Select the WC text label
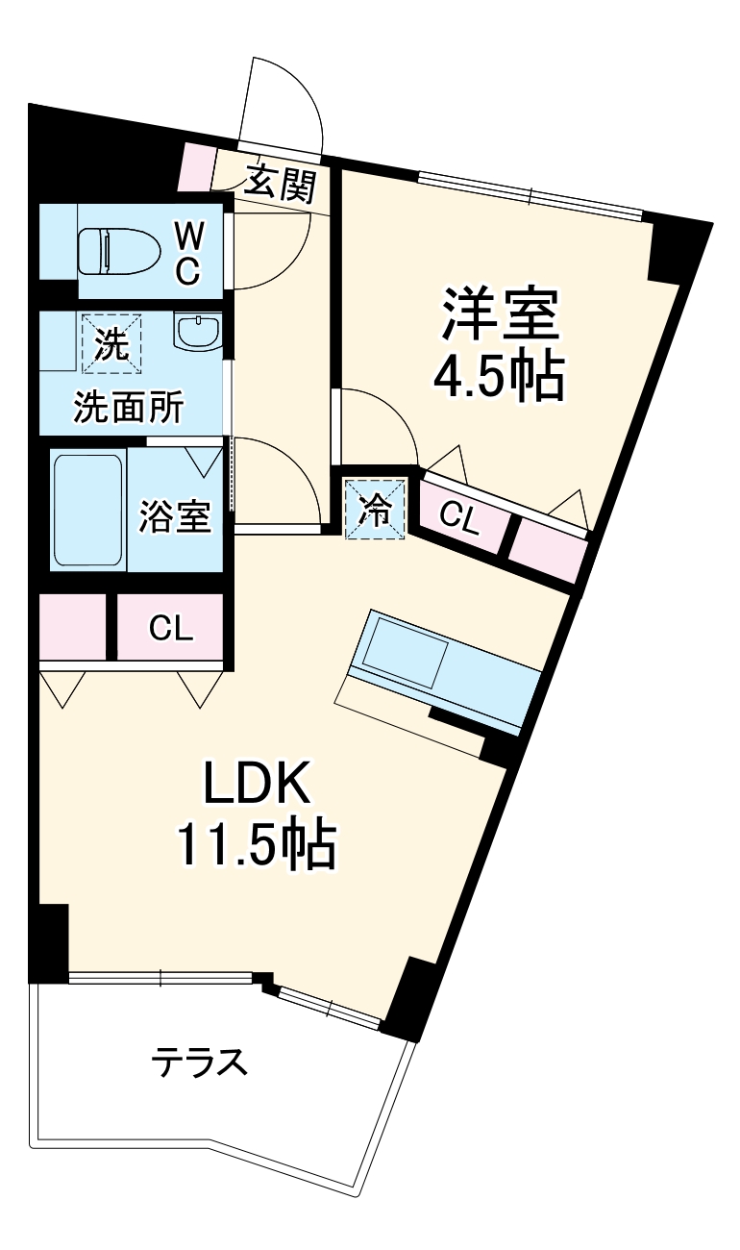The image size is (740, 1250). tap(188, 252)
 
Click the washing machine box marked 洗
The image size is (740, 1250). tap(110, 343)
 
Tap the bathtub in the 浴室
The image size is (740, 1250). tap(87, 510)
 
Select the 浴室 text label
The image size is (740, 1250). tap(174, 515)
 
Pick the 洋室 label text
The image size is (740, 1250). tap(499, 313)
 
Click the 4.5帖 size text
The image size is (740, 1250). tap(499, 378)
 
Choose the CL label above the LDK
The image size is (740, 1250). tap(171, 629)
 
